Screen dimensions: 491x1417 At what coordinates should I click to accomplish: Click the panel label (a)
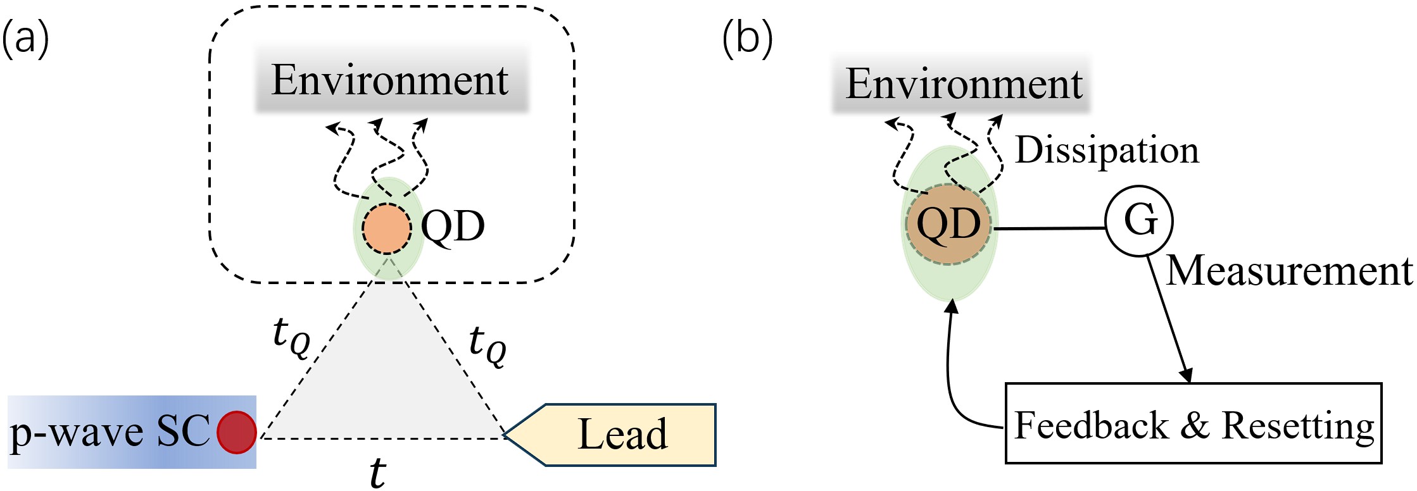pyautogui.click(x=25, y=39)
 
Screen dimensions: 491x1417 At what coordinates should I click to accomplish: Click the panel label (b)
pyautogui.click(x=747, y=39)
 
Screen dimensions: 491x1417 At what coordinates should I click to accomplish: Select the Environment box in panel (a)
pyautogui.click(x=391, y=80)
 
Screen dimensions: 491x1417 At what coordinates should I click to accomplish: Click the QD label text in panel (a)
pyautogui.click(x=452, y=226)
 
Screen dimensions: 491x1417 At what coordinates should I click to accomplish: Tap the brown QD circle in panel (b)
pyautogui.click(x=948, y=224)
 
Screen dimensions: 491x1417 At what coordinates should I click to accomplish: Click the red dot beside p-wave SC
pyautogui.click(x=236, y=432)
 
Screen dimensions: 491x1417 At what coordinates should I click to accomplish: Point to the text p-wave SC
pyautogui.click(x=109, y=432)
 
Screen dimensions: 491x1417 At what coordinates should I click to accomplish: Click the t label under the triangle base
pyautogui.click(x=378, y=472)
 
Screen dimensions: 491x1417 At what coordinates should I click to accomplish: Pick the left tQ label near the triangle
pyautogui.click(x=291, y=336)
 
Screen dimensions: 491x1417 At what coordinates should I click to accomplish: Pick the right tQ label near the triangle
pyautogui.click(x=488, y=345)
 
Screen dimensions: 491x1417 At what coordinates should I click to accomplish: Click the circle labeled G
pyautogui.click(x=1139, y=220)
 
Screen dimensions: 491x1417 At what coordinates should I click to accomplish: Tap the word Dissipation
pyautogui.click(x=1107, y=151)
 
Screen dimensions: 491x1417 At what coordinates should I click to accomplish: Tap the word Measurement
pyautogui.click(x=1288, y=271)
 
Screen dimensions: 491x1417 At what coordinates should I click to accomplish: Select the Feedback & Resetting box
pyautogui.click(x=1193, y=424)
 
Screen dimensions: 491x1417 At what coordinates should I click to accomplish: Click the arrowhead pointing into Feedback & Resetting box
pyautogui.click(x=1187, y=375)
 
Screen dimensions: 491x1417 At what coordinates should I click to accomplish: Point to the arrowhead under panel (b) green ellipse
pyautogui.click(x=952, y=307)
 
